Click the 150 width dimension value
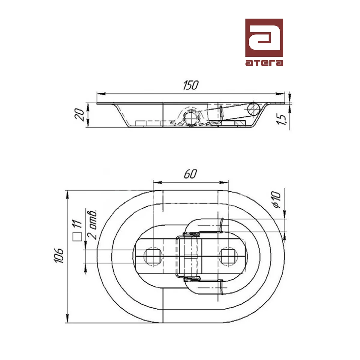click(x=190, y=85)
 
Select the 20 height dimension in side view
click(x=80, y=114)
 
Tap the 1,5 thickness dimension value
click(x=281, y=120)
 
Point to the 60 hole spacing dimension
click(x=190, y=174)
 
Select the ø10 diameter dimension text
click(x=276, y=200)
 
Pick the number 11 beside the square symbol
click(x=77, y=223)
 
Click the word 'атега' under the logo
click(x=264, y=63)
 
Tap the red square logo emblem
click(x=264, y=37)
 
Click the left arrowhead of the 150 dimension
click(x=101, y=94)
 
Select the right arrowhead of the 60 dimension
click(x=224, y=182)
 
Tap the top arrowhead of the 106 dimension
click(x=67, y=195)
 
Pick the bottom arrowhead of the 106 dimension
click(x=67, y=318)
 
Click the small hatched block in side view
click(x=240, y=123)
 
